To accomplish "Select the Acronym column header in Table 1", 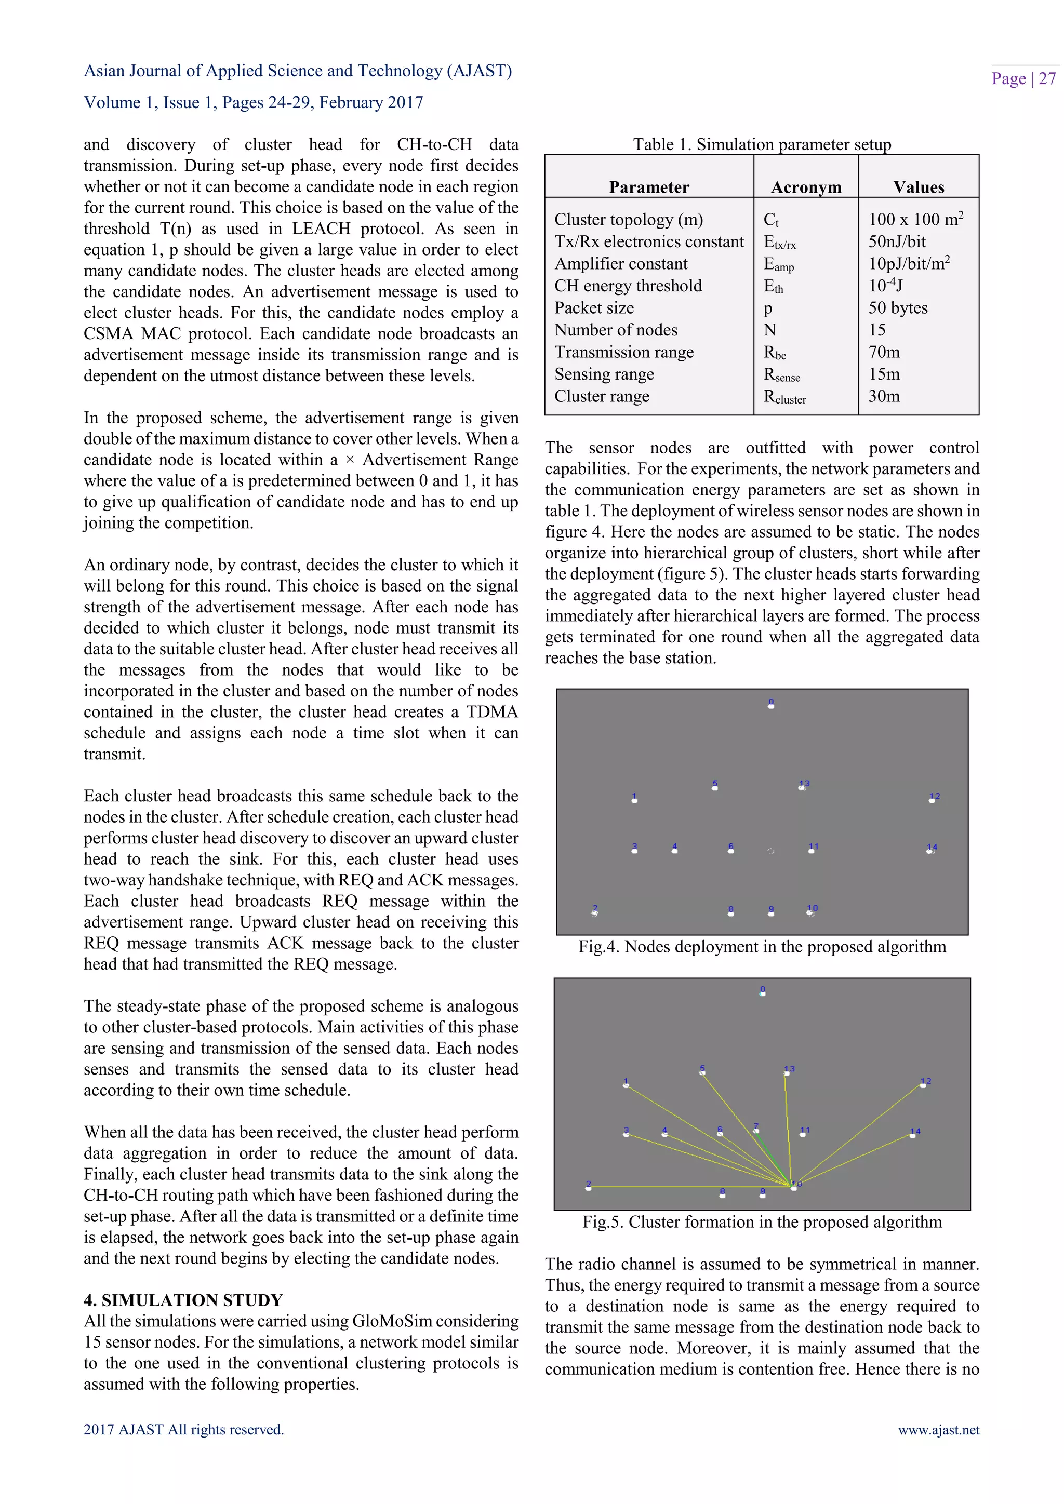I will tap(805, 187).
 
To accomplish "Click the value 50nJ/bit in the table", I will tap(897, 241).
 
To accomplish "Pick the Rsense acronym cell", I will tap(781, 374).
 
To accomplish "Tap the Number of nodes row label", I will tap(615, 330).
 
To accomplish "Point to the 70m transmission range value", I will tap(884, 353).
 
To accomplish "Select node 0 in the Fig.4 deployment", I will tap(770, 705).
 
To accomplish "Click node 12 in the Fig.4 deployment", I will tap(933, 799).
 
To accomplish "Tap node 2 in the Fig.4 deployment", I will tap(595, 911).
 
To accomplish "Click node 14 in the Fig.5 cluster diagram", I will tap(913, 1133).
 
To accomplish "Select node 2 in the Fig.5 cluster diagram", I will tap(588, 1186).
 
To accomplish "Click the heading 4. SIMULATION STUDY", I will tap(183, 1300).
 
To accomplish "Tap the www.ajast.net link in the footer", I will tap(938, 1430).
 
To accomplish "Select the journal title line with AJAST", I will tap(298, 71).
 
